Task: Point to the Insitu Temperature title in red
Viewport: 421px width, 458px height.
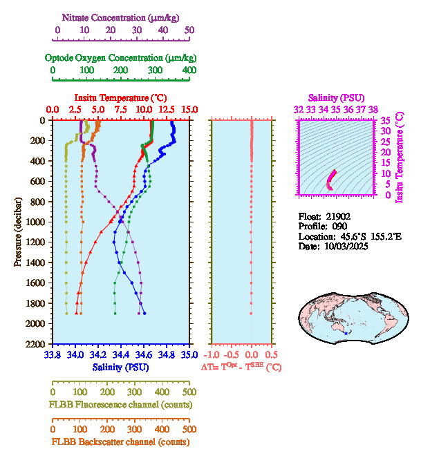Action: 120,97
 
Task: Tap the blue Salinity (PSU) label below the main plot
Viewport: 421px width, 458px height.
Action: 120,368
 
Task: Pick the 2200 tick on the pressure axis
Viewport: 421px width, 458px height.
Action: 36,344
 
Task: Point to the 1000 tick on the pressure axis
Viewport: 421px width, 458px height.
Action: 36,222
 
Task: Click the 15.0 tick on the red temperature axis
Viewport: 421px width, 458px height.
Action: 189,109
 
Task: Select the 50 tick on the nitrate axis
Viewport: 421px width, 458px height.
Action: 189,30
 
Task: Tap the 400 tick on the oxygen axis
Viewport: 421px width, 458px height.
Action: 189,70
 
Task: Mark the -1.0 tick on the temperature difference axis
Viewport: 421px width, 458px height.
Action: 214,355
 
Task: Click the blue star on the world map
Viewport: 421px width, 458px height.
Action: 346,334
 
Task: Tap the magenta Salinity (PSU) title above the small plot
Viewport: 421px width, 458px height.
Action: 335,97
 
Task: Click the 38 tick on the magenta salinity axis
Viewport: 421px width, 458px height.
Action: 373,109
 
